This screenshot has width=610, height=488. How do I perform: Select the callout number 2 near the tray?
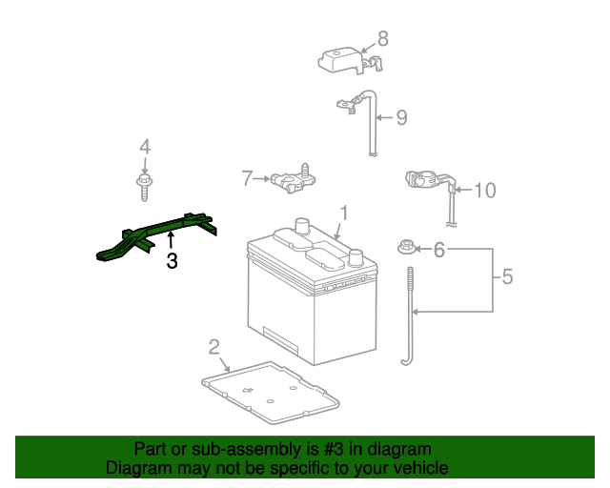[214, 347]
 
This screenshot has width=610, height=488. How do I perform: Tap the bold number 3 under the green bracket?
[172, 260]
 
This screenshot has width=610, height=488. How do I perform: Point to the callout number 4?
[145, 147]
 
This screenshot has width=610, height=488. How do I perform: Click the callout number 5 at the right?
[507, 277]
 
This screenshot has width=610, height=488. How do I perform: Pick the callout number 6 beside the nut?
[439, 250]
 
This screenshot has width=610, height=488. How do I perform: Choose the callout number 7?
[248, 178]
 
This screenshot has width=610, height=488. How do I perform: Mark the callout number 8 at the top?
[383, 39]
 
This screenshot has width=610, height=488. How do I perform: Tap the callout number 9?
[401, 118]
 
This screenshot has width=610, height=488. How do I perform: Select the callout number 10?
[485, 191]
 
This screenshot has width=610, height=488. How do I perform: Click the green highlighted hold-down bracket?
[157, 235]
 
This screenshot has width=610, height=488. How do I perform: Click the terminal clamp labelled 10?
[424, 178]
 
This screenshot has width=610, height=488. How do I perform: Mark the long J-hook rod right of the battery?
[409, 315]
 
